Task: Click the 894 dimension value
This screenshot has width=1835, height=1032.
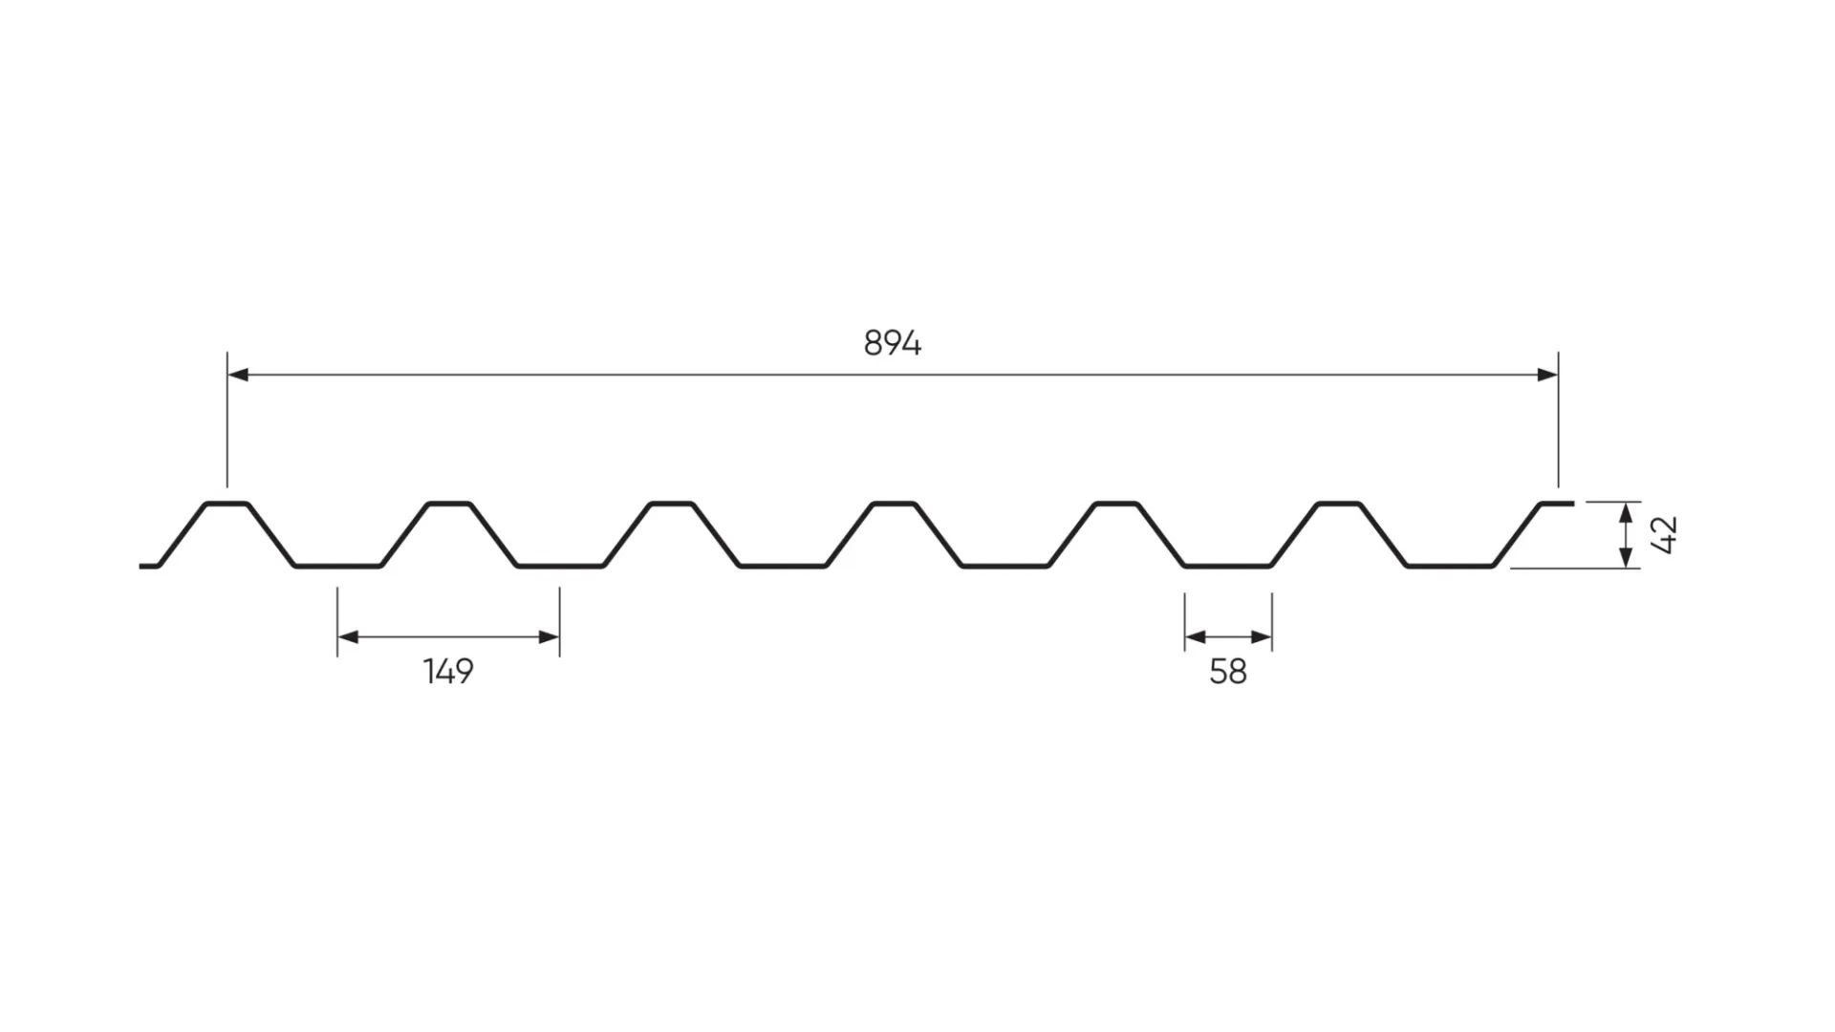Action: (x=892, y=343)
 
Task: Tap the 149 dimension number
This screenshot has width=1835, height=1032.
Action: (x=448, y=672)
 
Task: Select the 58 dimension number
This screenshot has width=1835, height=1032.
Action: (x=1228, y=673)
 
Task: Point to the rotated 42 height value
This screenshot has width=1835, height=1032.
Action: (x=1664, y=535)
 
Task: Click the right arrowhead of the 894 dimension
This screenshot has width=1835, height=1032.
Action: (x=1547, y=375)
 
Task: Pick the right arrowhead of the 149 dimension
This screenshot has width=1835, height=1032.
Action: (x=549, y=637)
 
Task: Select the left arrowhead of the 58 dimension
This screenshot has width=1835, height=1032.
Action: (x=1196, y=637)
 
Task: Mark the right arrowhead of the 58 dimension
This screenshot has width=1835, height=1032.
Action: (x=1262, y=637)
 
